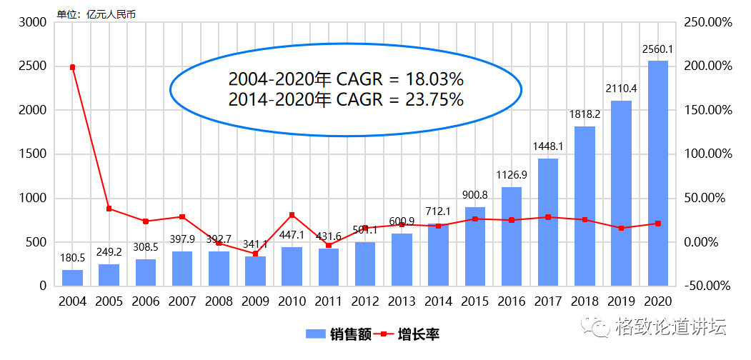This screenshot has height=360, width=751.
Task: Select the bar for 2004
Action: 72,278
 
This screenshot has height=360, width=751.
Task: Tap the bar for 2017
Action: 548,222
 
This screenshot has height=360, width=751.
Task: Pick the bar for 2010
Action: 292,266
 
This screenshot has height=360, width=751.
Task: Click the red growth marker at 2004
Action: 72,67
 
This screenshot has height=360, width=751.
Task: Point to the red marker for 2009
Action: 255,254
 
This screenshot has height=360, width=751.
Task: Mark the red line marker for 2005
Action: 109,209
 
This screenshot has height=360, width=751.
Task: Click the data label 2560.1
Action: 657,49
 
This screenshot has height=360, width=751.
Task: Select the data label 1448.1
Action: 548,146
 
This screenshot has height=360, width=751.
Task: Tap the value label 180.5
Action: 72,258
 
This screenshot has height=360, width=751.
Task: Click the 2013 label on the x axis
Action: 402,301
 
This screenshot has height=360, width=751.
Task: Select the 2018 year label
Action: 585,301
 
